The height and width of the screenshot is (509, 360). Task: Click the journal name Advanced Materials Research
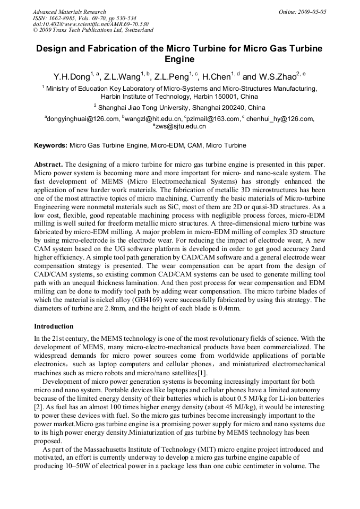[69, 12]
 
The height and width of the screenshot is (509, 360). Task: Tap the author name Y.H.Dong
[71, 77]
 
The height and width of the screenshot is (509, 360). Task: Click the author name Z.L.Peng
[172, 77]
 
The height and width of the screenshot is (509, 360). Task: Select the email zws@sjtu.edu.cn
[181, 127]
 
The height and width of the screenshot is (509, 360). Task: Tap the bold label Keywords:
[50, 145]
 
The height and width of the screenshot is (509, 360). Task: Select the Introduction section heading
[54, 326]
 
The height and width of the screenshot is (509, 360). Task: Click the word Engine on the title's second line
[179, 59]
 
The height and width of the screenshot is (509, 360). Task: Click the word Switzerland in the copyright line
[136, 30]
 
